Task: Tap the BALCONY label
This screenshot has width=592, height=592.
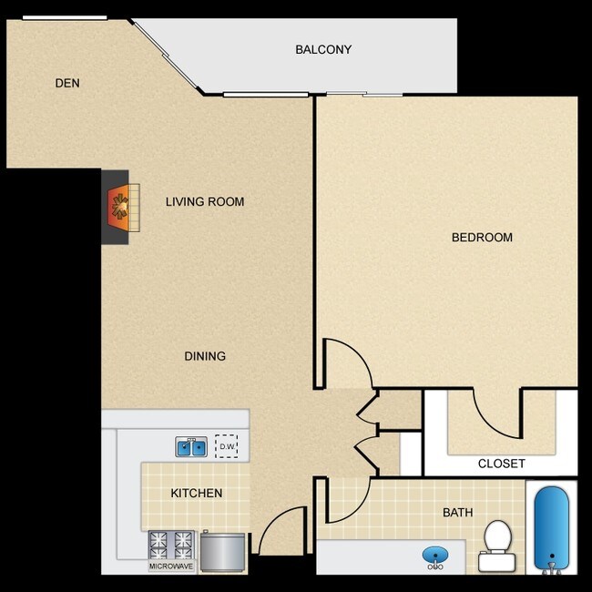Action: pos(323,49)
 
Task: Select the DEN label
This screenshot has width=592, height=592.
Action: pos(67,83)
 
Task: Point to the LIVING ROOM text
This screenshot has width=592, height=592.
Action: pos(205,201)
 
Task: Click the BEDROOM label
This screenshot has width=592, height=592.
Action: pos(482,238)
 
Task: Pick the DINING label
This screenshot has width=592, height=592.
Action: pos(205,356)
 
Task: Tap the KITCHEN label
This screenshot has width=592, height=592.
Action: pos(197,494)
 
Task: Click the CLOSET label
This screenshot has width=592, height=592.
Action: pos(502,464)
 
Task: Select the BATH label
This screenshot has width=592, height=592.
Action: pos(458,513)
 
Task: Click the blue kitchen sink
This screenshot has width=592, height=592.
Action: pos(192,446)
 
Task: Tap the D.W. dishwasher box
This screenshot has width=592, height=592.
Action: pos(226,446)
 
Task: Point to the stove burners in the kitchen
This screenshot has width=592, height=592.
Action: pos(172,545)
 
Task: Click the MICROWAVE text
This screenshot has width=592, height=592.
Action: pos(171,566)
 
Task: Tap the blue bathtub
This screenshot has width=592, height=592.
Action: pos(550,526)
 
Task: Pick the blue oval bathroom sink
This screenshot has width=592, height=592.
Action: pos(435,554)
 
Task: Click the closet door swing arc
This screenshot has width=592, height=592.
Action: pos(496,414)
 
